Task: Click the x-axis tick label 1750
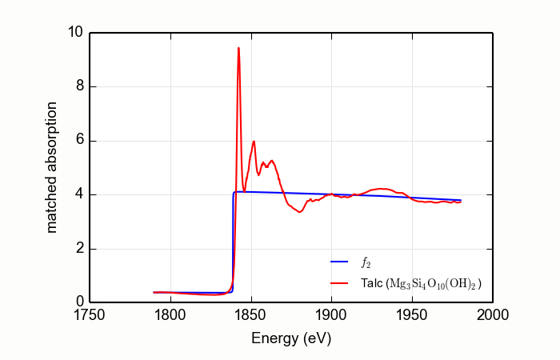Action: (90, 315)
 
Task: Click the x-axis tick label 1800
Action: (170, 315)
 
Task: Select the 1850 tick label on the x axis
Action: (251, 315)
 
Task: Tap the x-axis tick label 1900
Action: (331, 315)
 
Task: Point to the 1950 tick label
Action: (412, 315)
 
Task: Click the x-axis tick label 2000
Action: (492, 315)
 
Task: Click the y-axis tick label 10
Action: (75, 34)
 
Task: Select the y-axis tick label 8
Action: (79, 87)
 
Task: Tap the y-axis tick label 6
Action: (79, 142)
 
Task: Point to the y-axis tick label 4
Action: (79, 195)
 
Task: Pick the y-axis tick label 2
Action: (79, 249)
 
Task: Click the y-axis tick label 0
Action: (79, 302)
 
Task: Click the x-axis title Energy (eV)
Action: (291, 338)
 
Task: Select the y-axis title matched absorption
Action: (52, 167)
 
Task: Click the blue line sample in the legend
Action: (341, 262)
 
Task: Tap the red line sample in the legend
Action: (341, 283)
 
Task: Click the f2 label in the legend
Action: (366, 262)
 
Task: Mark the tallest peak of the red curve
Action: (238, 48)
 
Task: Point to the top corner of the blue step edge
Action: (234, 192)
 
